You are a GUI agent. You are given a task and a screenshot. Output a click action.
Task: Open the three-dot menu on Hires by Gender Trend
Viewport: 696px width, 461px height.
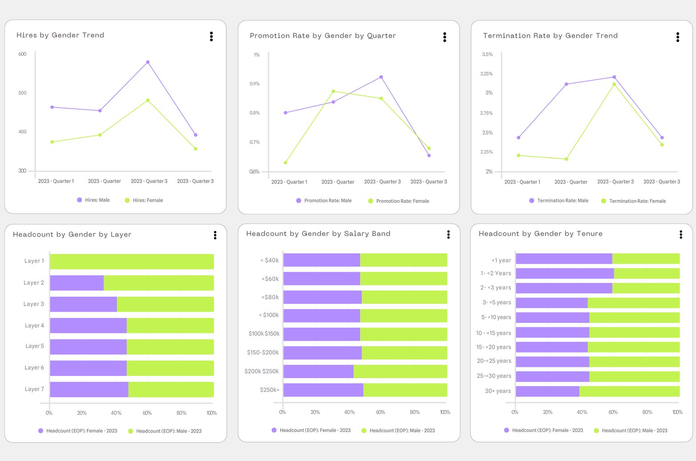pyautogui.click(x=211, y=37)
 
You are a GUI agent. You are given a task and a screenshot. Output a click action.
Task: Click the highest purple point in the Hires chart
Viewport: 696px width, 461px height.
pyautogui.click(x=148, y=62)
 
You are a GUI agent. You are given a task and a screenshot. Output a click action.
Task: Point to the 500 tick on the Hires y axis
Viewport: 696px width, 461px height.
pyautogui.click(x=22, y=93)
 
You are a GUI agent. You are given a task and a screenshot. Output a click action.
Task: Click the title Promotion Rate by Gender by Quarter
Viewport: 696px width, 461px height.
pyautogui.click(x=322, y=36)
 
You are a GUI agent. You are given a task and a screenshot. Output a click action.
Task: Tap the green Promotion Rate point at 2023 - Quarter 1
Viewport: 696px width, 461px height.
pyautogui.click(x=285, y=163)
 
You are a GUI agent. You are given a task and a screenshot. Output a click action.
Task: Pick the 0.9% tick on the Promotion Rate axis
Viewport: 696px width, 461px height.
pyautogui.click(x=254, y=84)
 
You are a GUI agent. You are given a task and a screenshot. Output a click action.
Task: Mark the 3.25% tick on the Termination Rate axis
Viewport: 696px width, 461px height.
pyautogui.click(x=486, y=74)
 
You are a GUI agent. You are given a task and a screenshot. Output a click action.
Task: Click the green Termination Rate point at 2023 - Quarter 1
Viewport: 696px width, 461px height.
pyautogui.click(x=518, y=155)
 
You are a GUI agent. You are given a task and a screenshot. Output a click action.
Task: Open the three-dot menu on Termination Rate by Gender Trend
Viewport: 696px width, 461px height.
pyautogui.click(x=677, y=37)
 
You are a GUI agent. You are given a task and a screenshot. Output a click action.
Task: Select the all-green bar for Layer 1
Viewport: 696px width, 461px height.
pyautogui.click(x=132, y=261)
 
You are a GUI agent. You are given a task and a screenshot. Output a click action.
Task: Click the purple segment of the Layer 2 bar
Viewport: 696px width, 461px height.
pyautogui.click(x=77, y=283)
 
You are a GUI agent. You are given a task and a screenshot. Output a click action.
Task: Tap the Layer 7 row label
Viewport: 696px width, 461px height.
pyautogui.click(x=34, y=389)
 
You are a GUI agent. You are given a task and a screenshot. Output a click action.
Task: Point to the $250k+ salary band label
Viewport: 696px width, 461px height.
pyautogui.click(x=269, y=390)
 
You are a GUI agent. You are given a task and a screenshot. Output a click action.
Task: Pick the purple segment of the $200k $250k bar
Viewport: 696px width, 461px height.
pyautogui.click(x=318, y=371)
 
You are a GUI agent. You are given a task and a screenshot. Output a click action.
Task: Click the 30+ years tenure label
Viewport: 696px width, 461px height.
pyautogui.click(x=497, y=391)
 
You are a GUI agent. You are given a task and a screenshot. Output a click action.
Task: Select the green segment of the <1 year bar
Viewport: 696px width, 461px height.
pyautogui.click(x=646, y=259)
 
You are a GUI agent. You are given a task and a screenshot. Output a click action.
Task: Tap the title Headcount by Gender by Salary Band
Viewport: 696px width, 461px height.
pyautogui.click(x=318, y=234)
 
